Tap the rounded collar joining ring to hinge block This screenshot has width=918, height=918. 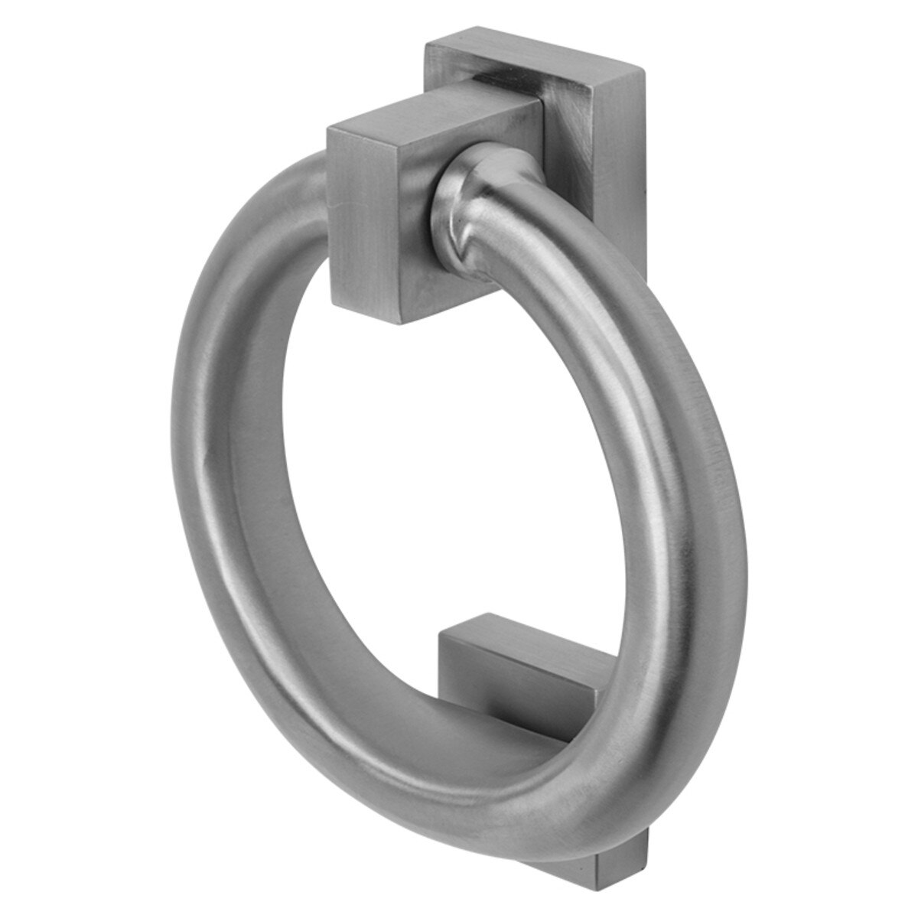tap(470, 184)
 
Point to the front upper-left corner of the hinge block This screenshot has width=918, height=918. tap(329, 132)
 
